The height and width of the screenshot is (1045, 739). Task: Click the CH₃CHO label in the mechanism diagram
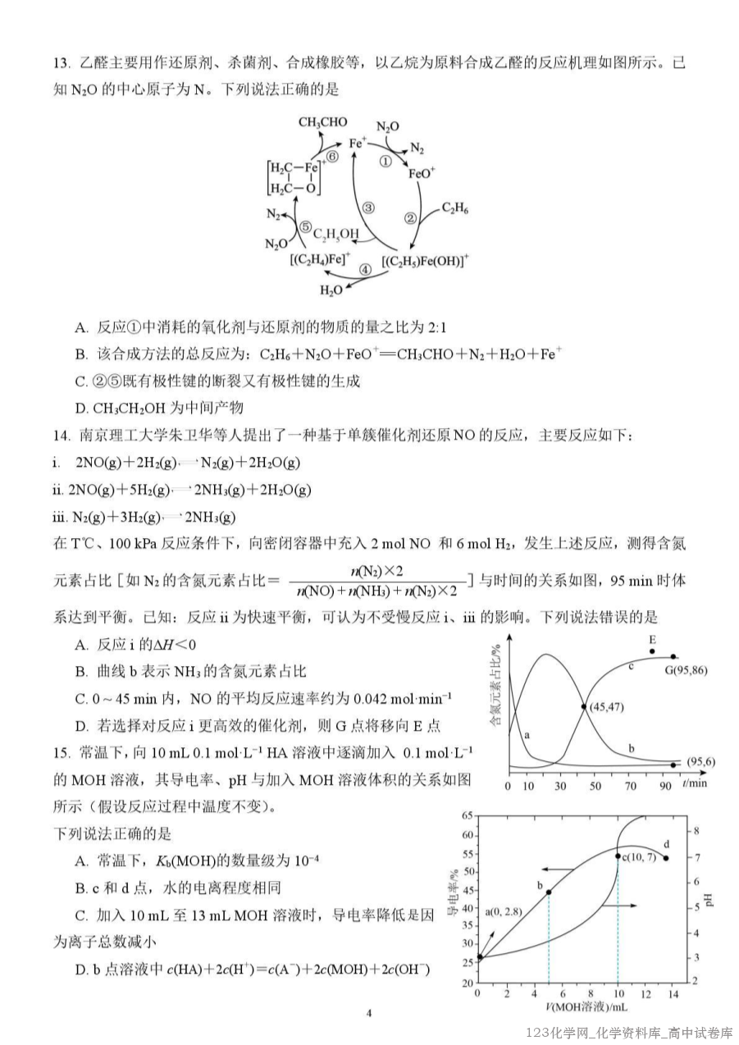click(322, 122)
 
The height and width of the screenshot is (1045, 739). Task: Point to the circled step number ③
click(369, 208)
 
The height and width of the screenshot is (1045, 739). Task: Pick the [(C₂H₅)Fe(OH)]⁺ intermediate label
click(426, 262)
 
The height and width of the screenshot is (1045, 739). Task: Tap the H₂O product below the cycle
click(331, 290)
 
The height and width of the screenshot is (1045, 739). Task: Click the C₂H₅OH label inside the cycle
click(335, 235)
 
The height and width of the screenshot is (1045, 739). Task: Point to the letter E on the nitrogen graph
click(653, 639)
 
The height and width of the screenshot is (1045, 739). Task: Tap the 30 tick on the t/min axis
click(560, 785)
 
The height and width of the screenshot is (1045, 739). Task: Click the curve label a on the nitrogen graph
click(527, 735)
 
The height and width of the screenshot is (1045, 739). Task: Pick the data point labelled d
click(665, 858)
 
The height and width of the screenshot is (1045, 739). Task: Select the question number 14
click(62, 436)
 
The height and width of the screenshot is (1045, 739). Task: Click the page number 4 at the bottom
click(369, 1012)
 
